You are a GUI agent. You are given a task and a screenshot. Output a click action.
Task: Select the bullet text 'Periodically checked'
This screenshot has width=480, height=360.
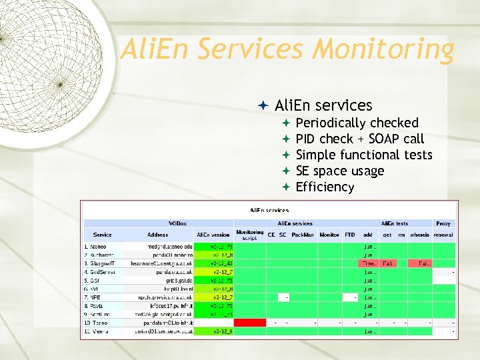pos(357,123)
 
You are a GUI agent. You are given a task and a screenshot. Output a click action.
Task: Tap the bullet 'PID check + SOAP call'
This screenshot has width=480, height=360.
pos(359,139)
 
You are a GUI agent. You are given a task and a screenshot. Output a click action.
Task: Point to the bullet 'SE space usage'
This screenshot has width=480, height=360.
pos(339,171)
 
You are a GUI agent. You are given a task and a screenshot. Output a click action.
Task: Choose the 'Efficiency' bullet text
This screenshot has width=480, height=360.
pos(325,187)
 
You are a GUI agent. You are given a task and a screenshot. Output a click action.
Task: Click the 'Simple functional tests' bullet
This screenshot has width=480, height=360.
pos(364,155)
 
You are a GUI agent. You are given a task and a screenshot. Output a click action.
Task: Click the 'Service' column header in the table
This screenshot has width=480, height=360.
pos(103,235)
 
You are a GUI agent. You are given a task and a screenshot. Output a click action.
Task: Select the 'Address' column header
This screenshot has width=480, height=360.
pos(158,235)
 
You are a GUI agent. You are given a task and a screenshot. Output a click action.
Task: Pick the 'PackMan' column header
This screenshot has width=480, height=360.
pos(303,235)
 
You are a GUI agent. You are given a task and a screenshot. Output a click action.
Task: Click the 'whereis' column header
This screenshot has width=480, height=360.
pos(420,235)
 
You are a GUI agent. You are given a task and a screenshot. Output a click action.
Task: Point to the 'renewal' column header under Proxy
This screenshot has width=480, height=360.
pos(443,235)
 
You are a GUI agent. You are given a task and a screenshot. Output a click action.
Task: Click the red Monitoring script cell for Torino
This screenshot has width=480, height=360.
pos(250,322)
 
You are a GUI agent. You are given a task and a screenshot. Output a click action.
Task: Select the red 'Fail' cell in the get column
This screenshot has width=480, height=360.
pos(387,263)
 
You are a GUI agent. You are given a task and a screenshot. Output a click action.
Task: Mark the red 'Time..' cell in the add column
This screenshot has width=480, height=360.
pos(368,263)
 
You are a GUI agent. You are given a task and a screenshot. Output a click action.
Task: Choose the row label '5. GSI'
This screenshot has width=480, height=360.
pos(93,280)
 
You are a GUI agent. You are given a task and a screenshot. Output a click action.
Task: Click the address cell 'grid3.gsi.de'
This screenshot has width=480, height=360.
pos(177,280)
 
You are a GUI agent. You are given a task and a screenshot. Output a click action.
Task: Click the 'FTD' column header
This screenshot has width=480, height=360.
pos(350,235)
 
